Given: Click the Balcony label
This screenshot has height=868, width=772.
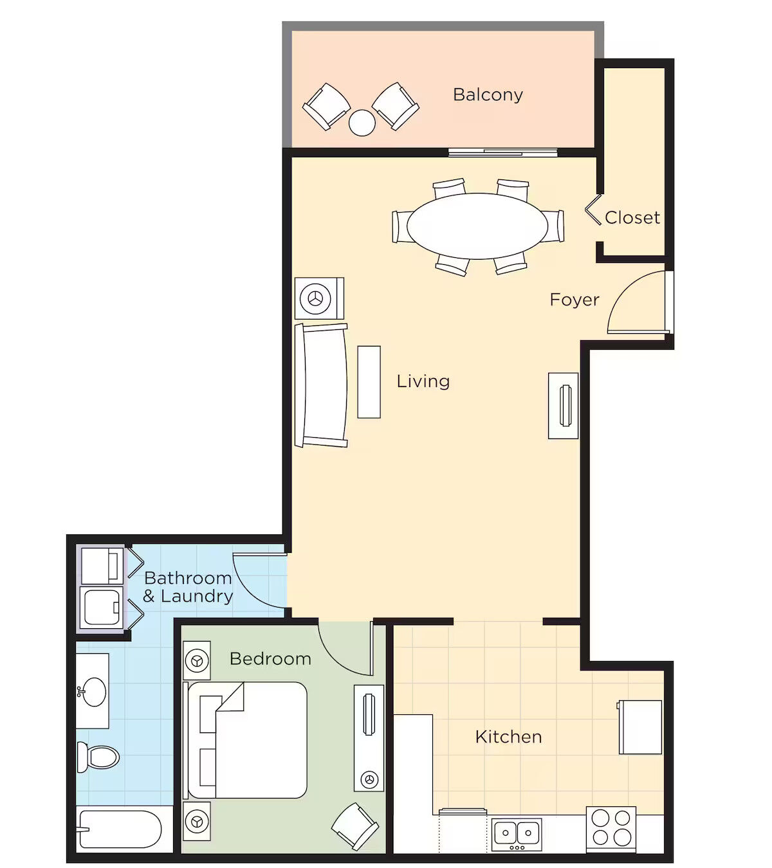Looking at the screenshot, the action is click(488, 95).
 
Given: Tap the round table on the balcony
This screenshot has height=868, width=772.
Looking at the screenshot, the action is click(362, 123).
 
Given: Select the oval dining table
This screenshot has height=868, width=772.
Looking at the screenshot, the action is click(477, 226).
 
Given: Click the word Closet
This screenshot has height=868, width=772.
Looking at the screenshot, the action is click(632, 217).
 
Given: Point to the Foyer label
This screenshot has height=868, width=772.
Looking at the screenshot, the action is click(574, 300).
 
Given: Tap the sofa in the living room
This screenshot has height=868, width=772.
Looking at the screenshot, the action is click(321, 385).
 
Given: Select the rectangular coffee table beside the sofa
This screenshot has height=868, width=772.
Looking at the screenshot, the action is click(369, 382).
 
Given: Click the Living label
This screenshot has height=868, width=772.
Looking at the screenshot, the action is click(423, 381).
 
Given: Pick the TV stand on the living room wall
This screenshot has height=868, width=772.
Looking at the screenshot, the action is click(563, 406).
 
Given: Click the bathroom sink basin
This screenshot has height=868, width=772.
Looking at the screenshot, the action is click(94, 692).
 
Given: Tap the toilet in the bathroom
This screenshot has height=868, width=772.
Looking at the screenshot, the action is click(98, 757).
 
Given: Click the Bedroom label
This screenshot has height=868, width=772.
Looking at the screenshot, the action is click(270, 659).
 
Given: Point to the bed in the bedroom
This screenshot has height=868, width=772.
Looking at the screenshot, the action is click(246, 740).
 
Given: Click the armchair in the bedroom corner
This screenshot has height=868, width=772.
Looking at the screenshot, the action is click(355, 826).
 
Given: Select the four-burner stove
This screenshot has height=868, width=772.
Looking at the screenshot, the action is click(611, 829).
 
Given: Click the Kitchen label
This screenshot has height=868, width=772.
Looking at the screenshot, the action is click(508, 737).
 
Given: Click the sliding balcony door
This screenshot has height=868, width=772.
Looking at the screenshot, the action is click(503, 152).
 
